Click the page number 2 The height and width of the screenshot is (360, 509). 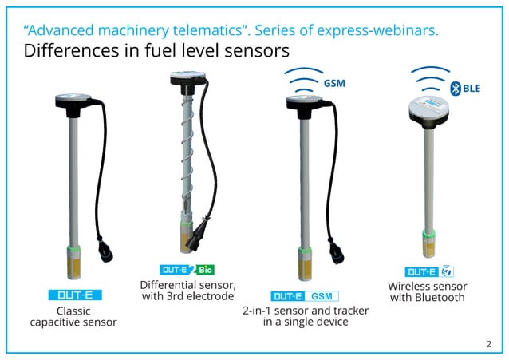point(488,343)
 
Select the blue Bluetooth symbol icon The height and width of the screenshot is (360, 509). point(456,89)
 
